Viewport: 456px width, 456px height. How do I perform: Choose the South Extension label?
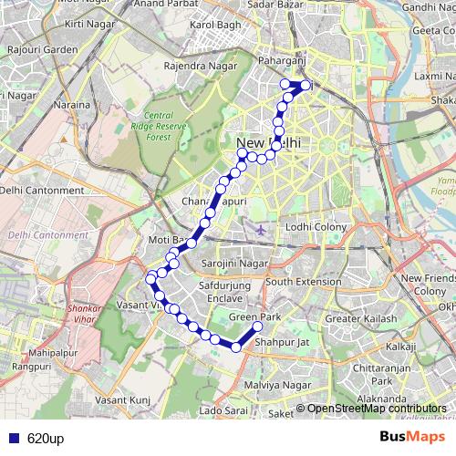304,282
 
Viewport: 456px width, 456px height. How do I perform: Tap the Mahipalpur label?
55,351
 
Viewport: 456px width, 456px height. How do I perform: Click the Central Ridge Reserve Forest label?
151,126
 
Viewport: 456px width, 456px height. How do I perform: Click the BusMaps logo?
419,437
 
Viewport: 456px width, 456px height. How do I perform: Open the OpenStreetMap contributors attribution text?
376,409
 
